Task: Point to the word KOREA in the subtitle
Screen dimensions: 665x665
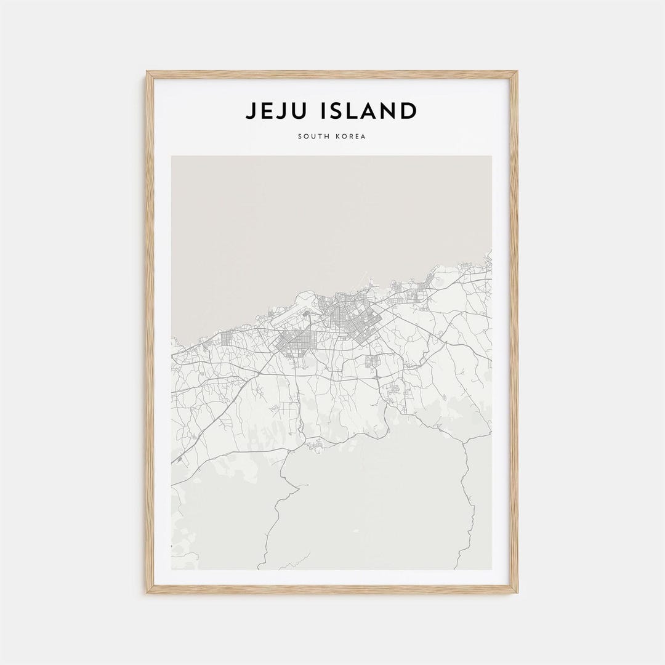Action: click(x=351, y=136)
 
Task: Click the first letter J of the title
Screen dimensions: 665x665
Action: click(x=251, y=111)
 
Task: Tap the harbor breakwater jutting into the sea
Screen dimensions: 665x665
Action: click(x=372, y=284)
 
